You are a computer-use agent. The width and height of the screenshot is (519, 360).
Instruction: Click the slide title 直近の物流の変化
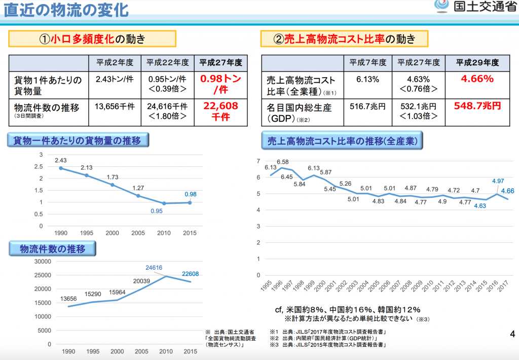point(63,10)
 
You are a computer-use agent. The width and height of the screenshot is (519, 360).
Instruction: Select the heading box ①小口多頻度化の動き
point(92,39)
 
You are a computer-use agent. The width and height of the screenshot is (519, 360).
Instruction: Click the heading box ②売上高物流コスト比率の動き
point(345,39)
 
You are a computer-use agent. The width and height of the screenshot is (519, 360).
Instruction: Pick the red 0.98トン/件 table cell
point(220,85)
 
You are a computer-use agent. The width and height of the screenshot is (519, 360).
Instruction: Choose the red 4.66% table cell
point(477,79)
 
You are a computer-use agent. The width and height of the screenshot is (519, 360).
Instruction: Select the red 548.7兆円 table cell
point(477,106)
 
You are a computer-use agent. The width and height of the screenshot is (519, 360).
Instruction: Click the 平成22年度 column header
point(167,63)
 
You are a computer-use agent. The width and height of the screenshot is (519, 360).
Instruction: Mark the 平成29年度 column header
point(477,63)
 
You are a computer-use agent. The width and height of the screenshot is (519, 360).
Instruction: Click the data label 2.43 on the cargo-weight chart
point(61,160)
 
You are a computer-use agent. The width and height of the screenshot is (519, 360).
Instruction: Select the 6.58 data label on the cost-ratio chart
point(282,162)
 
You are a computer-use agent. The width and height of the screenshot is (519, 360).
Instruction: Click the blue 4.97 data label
point(497,181)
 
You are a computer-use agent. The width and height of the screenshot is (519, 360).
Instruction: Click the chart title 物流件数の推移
point(52,249)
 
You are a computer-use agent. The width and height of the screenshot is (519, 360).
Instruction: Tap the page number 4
point(512,334)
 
